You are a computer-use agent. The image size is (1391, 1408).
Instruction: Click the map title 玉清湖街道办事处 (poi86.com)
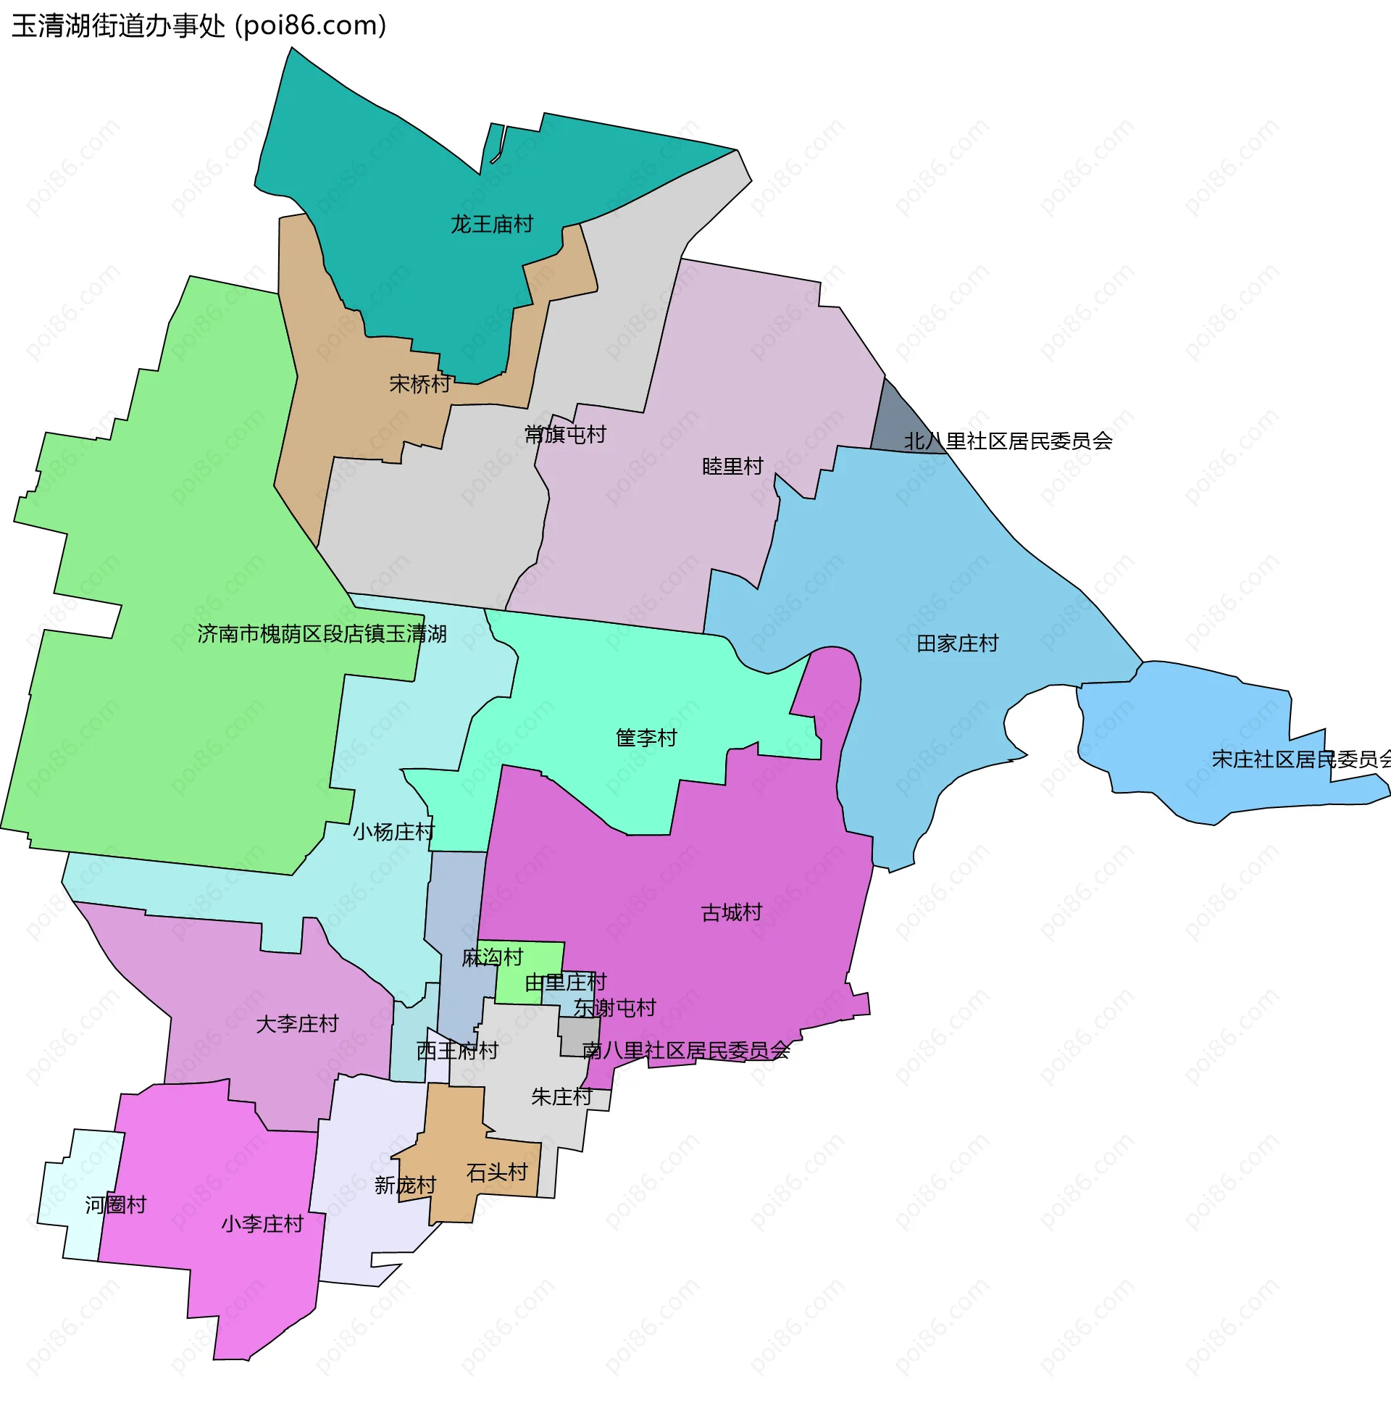pos(199,26)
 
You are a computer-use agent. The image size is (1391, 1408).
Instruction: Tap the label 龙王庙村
pos(492,224)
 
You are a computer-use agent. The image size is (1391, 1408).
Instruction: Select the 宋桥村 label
pos(420,384)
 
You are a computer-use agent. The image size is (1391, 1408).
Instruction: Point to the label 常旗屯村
pos(565,434)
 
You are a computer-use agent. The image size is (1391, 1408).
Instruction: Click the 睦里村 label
pos(732,466)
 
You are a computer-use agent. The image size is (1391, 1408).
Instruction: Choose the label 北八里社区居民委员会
pos(1008,441)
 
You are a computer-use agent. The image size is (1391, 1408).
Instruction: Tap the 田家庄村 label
pos(957,643)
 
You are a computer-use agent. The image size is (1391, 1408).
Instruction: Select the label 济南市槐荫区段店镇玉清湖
pos(322,634)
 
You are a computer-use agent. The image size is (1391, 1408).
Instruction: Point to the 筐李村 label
pos(646,738)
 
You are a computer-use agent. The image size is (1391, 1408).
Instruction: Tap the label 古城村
pos(732,912)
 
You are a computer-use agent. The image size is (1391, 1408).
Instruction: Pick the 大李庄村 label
pos(297,1024)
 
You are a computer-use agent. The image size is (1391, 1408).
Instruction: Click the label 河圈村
pos(116,1204)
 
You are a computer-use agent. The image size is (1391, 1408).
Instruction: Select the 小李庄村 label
pos(262,1224)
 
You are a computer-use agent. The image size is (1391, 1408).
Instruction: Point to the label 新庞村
pos(405,1185)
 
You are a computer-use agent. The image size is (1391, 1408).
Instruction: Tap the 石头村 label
pos(497,1172)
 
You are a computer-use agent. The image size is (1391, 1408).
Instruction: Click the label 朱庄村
pos(561,1096)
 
